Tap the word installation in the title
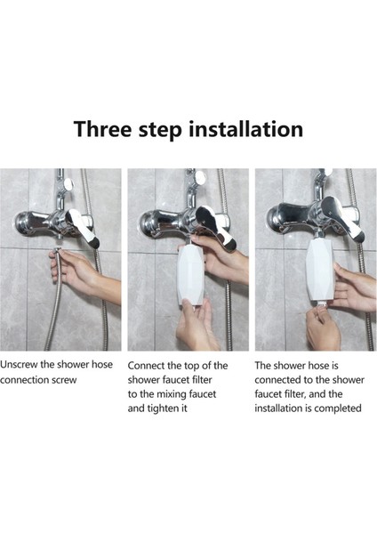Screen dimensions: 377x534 point(245,129)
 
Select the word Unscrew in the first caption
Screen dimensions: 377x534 point(19,364)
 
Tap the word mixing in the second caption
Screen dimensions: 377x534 point(171,394)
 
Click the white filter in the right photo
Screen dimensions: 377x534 point(320,271)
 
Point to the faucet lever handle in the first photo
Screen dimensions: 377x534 point(84,227)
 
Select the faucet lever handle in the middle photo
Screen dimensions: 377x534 point(216,226)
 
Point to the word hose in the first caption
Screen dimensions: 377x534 point(102,364)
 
